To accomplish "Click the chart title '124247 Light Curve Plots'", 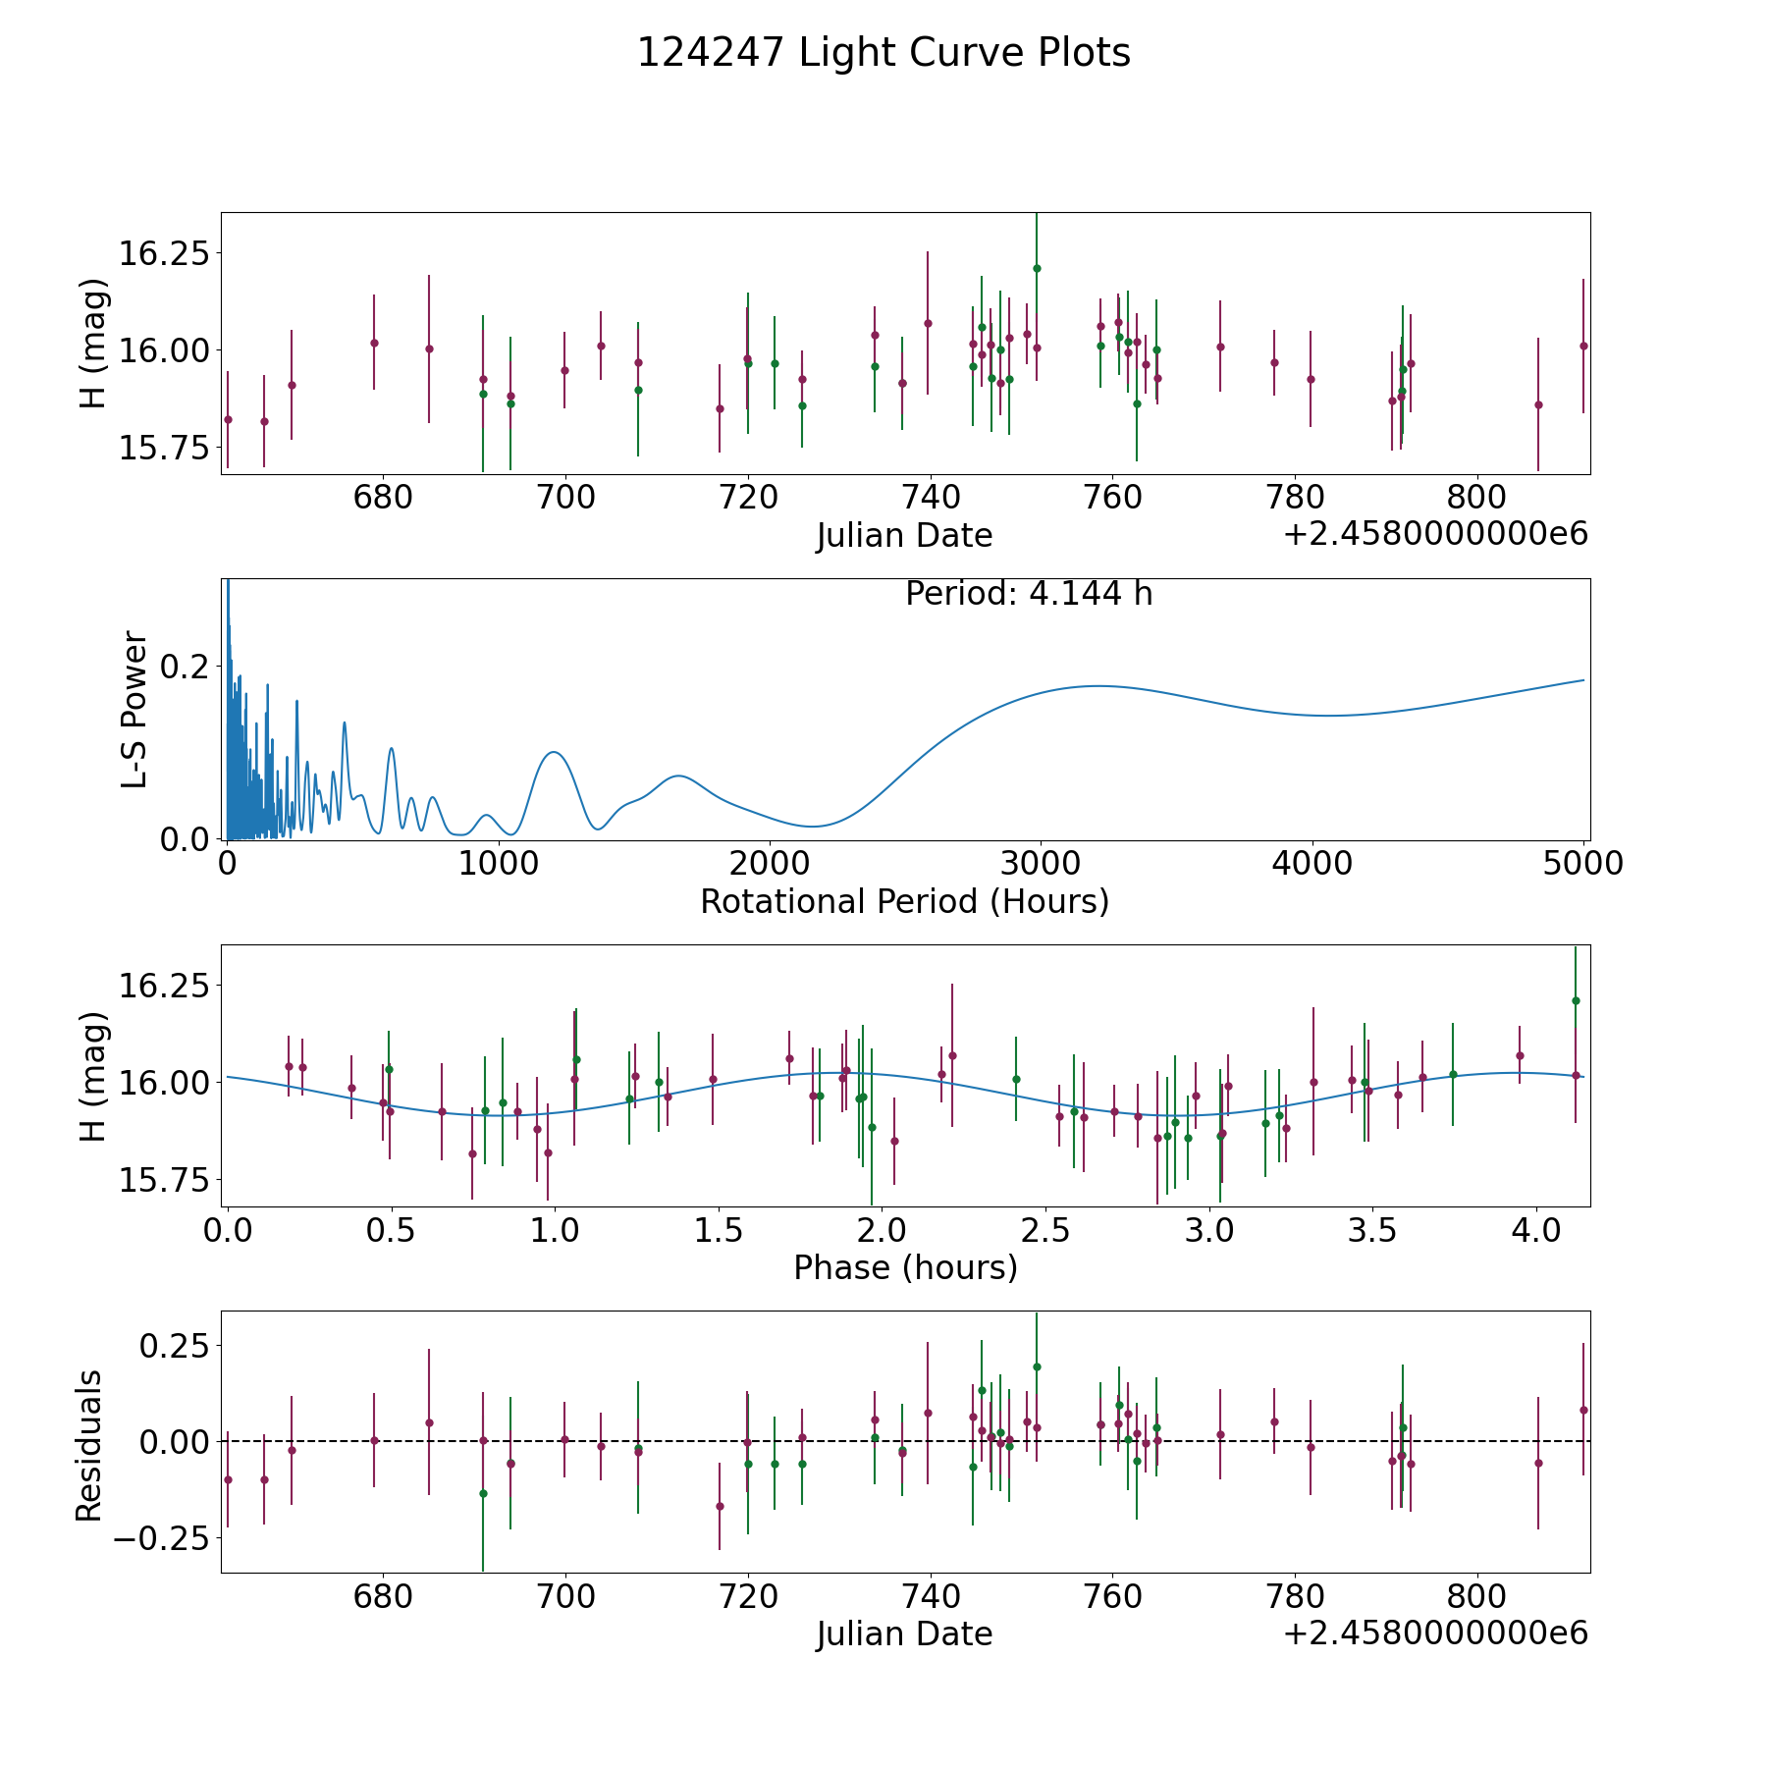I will click(x=883, y=53).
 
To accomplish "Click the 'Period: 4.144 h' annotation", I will click(x=1029, y=594).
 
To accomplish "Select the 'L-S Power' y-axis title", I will click(x=135, y=709).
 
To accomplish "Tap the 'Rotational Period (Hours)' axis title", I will click(x=904, y=901).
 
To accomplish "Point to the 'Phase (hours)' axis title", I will click(x=905, y=1267).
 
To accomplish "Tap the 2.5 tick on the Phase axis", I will click(x=1044, y=1230).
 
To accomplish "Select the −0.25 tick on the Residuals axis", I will click(x=161, y=1538).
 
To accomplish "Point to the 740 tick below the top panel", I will click(x=930, y=497).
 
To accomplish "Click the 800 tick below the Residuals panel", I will click(x=1477, y=1596).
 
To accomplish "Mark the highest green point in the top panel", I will click(x=1037, y=268).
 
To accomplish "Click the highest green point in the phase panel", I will click(x=1576, y=1000).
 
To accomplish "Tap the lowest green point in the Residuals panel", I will click(x=483, y=1493).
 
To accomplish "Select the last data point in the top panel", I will click(x=1583, y=346).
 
